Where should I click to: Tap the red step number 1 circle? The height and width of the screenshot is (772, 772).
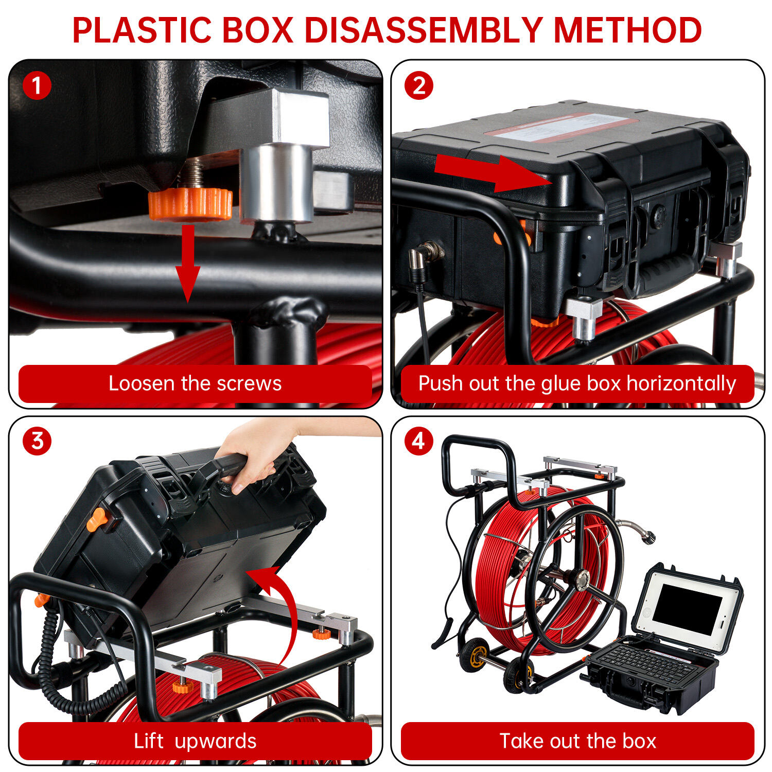click(37, 85)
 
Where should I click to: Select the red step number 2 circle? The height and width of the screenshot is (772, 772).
click(418, 85)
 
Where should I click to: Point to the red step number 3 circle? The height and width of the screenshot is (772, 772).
click(37, 441)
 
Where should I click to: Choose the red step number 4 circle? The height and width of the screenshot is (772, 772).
click(418, 441)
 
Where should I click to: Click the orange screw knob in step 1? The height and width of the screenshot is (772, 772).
click(190, 204)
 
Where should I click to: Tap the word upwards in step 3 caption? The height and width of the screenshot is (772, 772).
click(215, 742)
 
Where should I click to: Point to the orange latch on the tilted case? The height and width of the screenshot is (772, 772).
click(97, 520)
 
